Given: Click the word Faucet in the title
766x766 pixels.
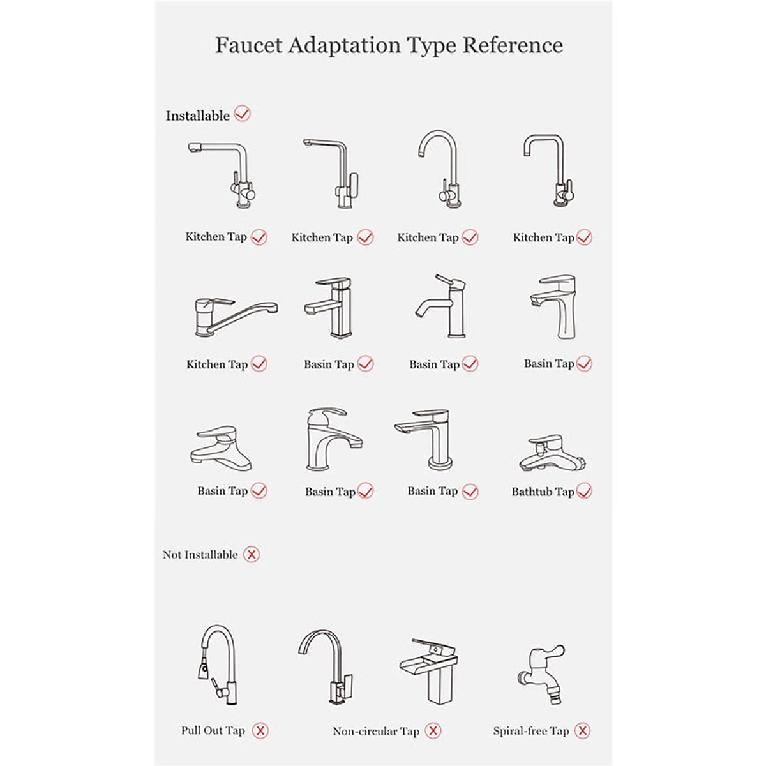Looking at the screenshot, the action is click(249, 45).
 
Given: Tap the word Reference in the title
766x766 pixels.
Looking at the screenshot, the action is click(513, 45).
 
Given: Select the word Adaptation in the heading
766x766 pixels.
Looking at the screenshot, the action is click(344, 45).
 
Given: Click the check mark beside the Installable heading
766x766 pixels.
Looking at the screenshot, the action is click(242, 114).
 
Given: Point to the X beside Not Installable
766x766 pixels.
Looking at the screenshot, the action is click(252, 554).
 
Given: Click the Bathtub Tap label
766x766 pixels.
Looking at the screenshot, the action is click(543, 492).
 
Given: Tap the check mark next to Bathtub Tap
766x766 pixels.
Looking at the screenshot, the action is click(584, 491).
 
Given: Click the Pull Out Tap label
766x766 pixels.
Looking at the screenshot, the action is click(213, 730).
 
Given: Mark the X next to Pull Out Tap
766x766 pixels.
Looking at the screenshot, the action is click(260, 730).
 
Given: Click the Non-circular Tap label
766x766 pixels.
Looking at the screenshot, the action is click(376, 731).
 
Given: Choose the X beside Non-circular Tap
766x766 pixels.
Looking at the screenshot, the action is click(433, 730).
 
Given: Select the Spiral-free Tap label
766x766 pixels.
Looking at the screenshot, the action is click(532, 731).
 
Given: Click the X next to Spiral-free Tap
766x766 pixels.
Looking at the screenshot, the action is click(582, 730).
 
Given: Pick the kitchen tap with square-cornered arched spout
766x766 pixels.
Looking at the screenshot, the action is click(550, 170).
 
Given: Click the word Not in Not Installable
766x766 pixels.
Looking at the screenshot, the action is click(172, 555).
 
